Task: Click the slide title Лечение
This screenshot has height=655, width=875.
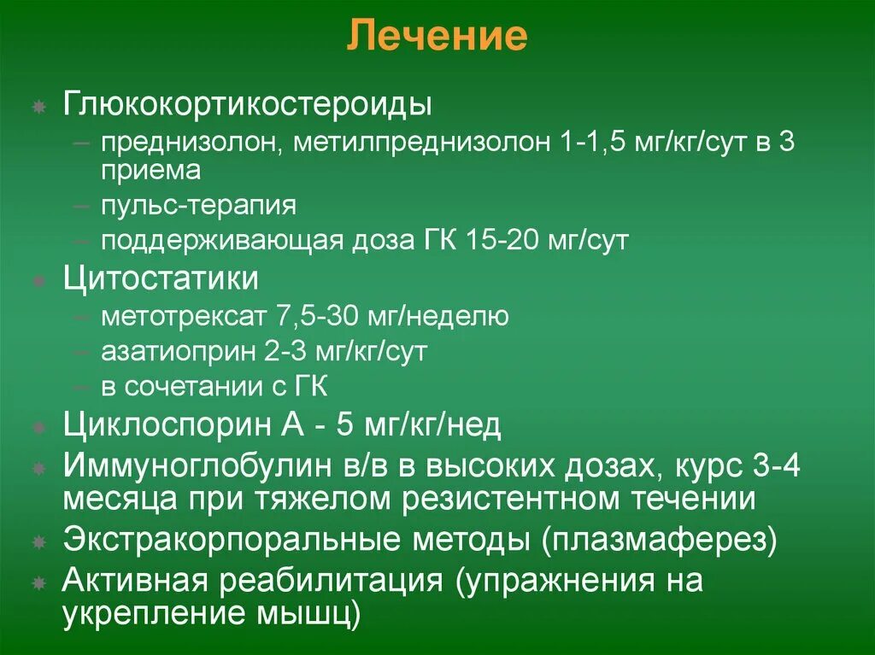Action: (x=437, y=37)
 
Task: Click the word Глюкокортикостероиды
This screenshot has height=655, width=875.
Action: (x=247, y=106)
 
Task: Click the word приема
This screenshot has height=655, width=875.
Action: (x=150, y=170)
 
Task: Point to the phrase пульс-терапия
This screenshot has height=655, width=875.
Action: (x=198, y=206)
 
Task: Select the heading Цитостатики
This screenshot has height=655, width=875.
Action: (x=161, y=279)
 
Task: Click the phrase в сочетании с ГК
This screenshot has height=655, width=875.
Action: (x=214, y=386)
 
